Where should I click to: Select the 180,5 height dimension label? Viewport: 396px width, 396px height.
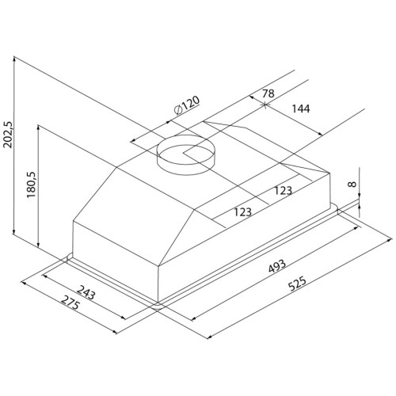pyautogui.click(x=31, y=185)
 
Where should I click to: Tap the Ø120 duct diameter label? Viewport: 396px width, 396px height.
pyautogui.click(x=187, y=105)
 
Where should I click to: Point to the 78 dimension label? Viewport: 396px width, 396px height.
pyautogui.click(x=268, y=93)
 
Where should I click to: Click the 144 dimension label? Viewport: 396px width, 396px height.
pyautogui.click(x=301, y=109)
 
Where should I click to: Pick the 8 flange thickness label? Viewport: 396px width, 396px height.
pyautogui.click(x=352, y=184)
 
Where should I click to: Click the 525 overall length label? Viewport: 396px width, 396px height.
pyautogui.click(x=297, y=284)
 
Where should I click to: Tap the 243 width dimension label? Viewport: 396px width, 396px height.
pyautogui.click(x=86, y=292)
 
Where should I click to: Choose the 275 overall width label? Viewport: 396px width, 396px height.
pyautogui.click(x=70, y=303)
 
